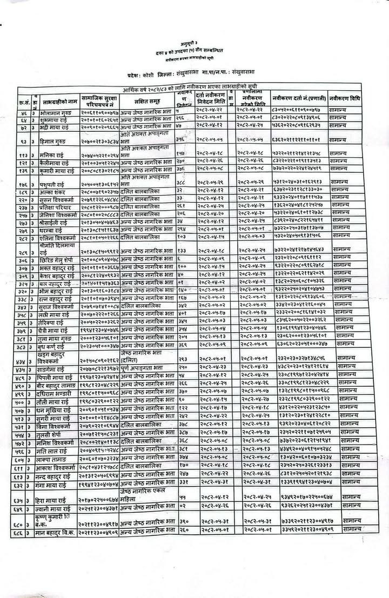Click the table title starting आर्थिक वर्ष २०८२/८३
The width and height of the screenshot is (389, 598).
click(x=206, y=88)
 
